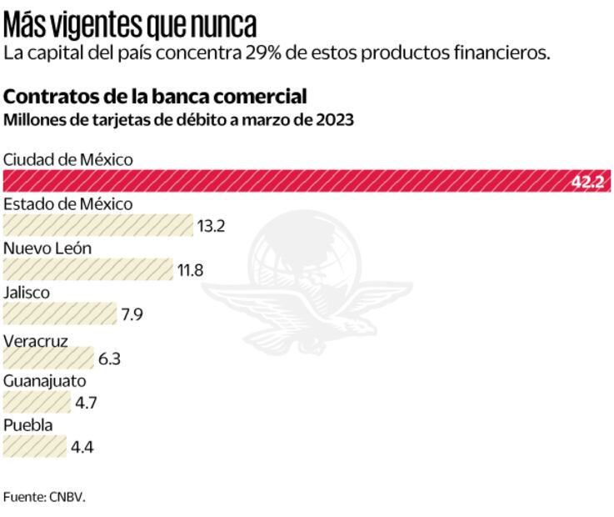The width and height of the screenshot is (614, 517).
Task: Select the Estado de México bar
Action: [x=97, y=225]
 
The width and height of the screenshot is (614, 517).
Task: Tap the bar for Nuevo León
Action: [x=87, y=269]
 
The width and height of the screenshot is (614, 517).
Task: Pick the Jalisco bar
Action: [x=59, y=314]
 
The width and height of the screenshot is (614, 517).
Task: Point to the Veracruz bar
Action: [x=48, y=359]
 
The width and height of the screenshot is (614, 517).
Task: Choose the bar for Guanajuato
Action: [x=37, y=403]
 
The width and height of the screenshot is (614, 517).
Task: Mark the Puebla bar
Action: [x=35, y=447]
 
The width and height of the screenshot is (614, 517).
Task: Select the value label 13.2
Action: [x=212, y=226]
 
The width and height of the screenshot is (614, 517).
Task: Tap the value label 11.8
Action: [x=190, y=270]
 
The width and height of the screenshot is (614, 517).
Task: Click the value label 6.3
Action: [x=110, y=359]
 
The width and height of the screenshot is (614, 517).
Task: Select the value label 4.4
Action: [x=82, y=448]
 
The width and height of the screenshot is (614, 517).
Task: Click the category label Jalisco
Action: [x=27, y=293]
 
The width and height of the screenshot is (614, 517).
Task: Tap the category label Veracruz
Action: [x=36, y=340]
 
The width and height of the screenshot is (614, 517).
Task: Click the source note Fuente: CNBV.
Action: [x=44, y=497]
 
